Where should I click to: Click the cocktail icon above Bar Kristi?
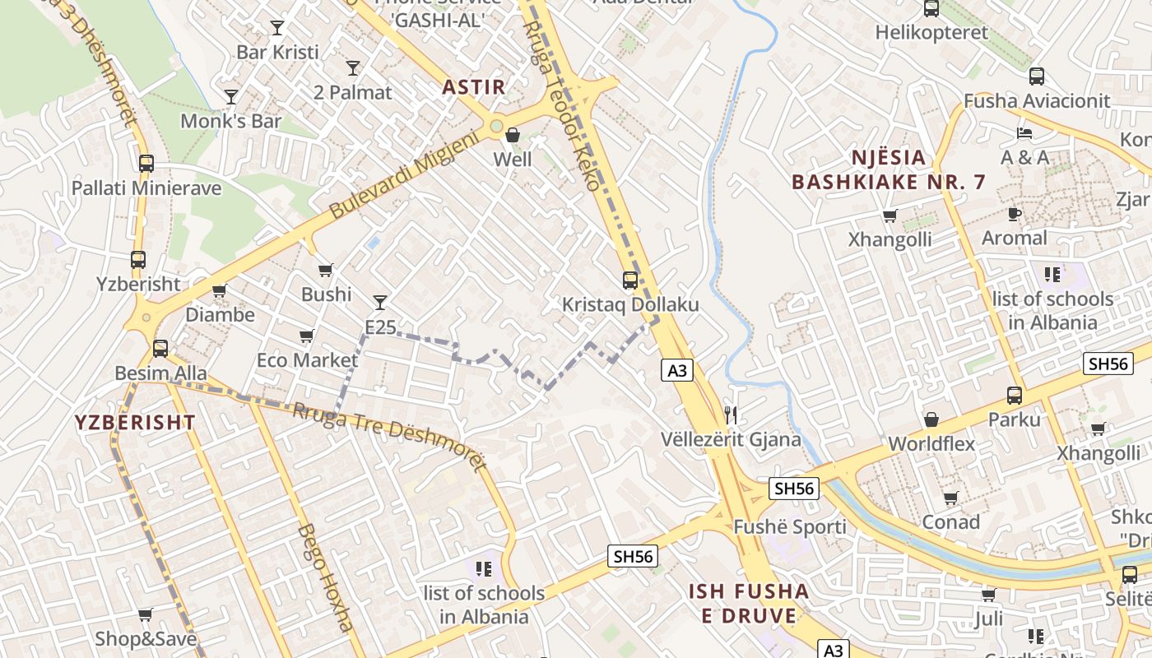(277, 28)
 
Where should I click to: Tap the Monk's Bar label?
(230, 121)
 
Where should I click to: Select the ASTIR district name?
(473, 86)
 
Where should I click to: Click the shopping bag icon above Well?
(513, 135)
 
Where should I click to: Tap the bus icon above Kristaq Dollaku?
(630, 280)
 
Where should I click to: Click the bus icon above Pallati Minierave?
(146, 164)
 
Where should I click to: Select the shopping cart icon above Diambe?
(219, 290)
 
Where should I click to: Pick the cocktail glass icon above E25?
(380, 303)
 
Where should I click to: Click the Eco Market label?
(307, 360)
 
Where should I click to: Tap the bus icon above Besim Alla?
(160, 349)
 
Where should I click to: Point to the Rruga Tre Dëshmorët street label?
(390, 435)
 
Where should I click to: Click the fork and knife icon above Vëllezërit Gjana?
(730, 415)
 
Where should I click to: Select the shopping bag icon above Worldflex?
(931, 419)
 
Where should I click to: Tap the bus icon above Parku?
(1015, 395)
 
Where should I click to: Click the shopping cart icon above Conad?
(951, 498)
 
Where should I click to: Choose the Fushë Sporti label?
(789, 527)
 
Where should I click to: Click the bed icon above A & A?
(1024, 133)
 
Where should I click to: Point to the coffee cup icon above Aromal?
(1015, 214)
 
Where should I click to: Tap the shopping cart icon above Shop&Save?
(146, 614)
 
